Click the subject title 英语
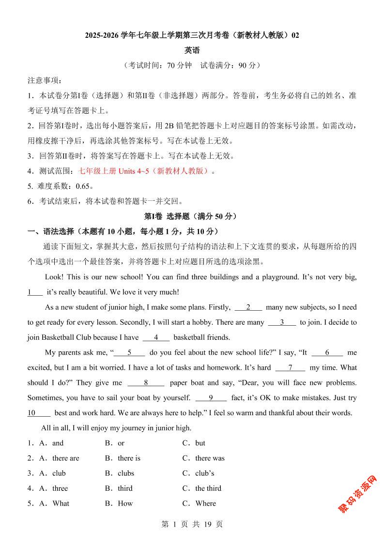pyautogui.click(x=192, y=50)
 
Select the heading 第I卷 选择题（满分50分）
pyautogui.click(x=192, y=216)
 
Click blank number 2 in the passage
pyautogui.click(x=248, y=307)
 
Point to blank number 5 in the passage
pyautogui.click(x=129, y=353)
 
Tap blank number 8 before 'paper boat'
pyautogui.click(x=146, y=383)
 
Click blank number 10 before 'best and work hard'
pyautogui.click(x=32, y=413)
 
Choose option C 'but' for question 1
pyautogui.click(x=200, y=443)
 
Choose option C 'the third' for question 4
pyautogui.click(x=208, y=488)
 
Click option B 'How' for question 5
pyautogui.click(x=125, y=503)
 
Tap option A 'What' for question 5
pyautogui.click(x=61, y=503)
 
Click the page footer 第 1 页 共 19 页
pyautogui.click(x=192, y=524)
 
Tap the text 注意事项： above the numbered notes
pyautogui.click(x=45, y=80)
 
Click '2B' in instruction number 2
pyautogui.click(x=169, y=126)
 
